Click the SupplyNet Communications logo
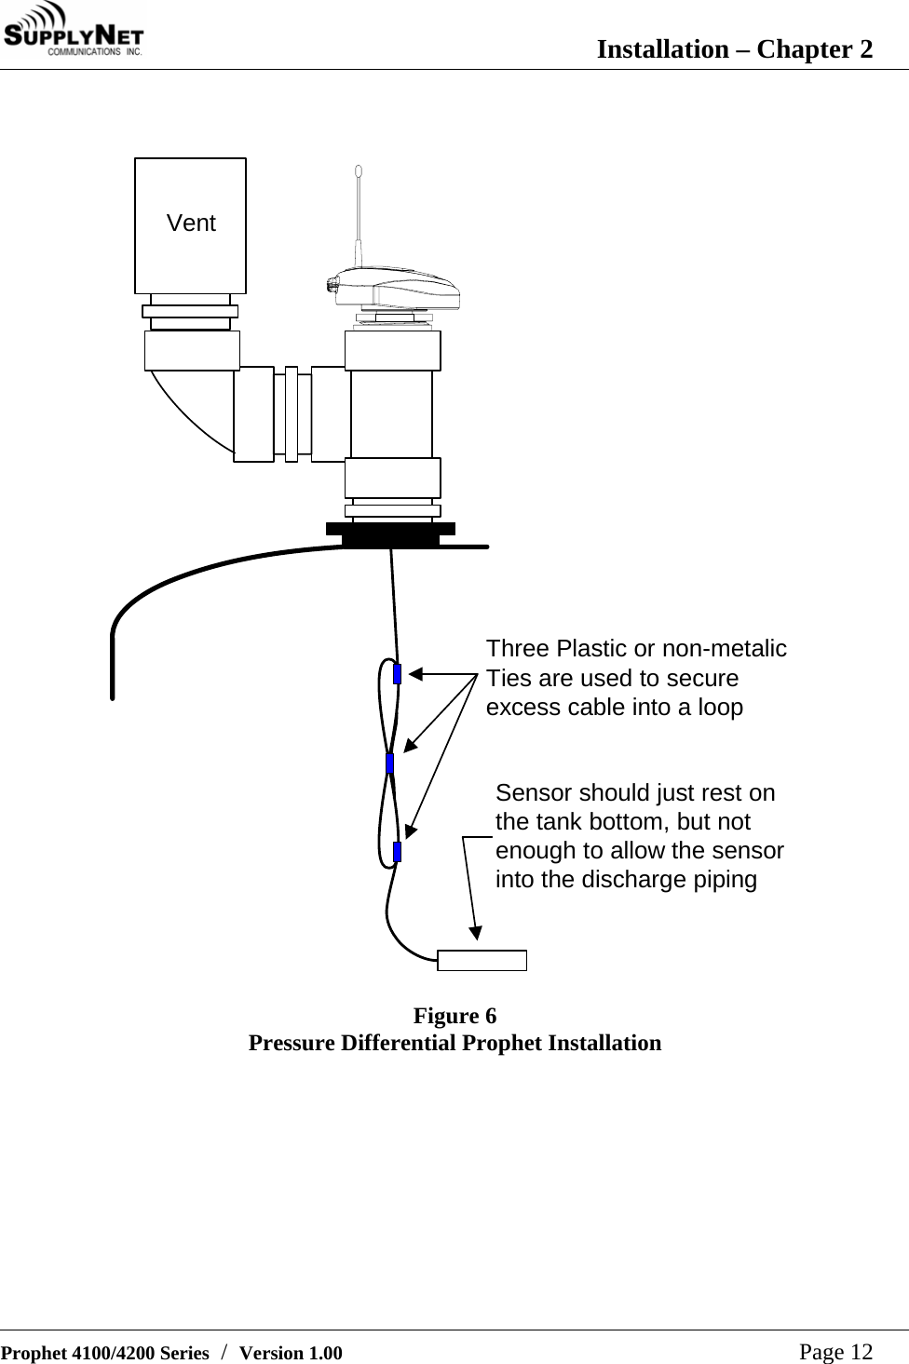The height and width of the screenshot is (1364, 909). click(75, 33)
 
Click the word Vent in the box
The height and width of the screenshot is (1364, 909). click(191, 223)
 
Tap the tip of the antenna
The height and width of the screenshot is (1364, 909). click(358, 170)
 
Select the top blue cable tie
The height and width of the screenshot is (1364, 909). click(398, 673)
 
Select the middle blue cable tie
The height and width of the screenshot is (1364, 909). click(390, 763)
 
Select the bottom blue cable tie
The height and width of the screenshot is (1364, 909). click(398, 851)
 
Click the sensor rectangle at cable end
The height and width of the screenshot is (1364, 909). click(482, 960)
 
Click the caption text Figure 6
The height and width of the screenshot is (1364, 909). click(454, 1015)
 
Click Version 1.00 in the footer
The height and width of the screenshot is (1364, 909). click(291, 1353)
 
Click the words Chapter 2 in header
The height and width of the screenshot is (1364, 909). click(815, 48)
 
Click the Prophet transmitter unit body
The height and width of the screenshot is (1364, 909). click(396, 289)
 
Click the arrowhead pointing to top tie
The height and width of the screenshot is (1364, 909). click(416, 673)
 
